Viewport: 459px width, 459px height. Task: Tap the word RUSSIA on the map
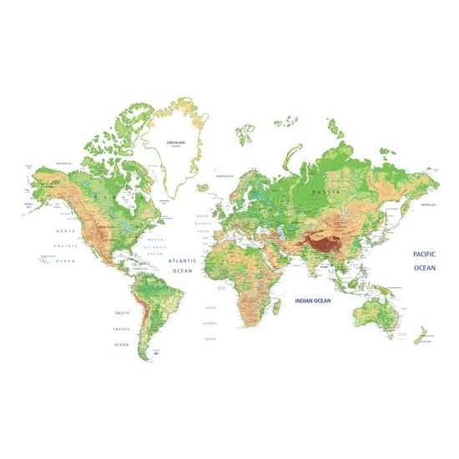pyautogui.click(x=325, y=192)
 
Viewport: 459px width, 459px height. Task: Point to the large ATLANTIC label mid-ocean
pyautogui.click(x=181, y=260)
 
